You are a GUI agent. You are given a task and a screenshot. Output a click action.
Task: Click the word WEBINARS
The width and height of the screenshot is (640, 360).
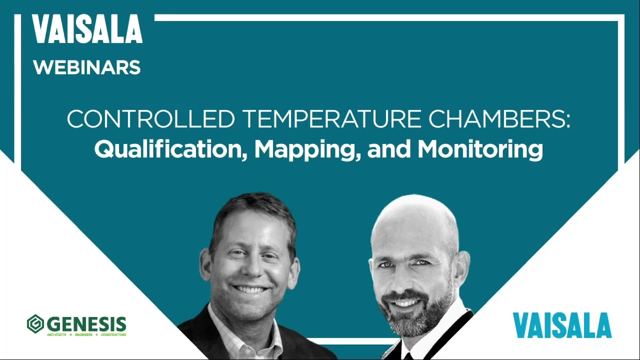[87, 67]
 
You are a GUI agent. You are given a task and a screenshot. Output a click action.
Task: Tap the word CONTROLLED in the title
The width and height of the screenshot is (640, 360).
[150, 120]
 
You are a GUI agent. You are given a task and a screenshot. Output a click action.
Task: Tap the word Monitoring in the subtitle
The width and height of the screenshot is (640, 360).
[480, 149]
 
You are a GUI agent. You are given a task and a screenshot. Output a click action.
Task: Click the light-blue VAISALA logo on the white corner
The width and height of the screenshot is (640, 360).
[562, 325]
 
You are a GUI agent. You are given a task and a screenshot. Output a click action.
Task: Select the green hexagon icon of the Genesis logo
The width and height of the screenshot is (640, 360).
[35, 323]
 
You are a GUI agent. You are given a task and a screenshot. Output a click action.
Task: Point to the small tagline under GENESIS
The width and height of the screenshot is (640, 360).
[86, 334]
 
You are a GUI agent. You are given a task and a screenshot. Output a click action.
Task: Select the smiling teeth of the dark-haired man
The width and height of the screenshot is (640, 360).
[249, 289]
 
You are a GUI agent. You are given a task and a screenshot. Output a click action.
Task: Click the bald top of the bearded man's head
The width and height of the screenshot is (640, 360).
[415, 212]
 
